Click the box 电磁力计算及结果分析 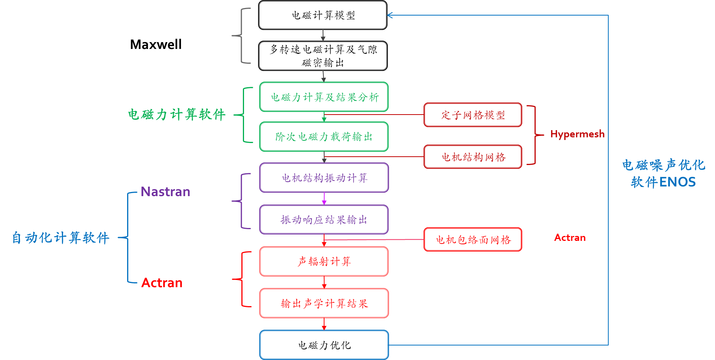[x=324, y=97]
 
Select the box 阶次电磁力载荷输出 [x=324, y=137]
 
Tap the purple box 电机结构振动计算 [x=324, y=178]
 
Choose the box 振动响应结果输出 [x=324, y=220]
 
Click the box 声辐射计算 [x=324, y=261]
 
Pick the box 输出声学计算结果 [x=324, y=303]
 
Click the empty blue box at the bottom [x=324, y=344]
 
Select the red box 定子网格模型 [x=472, y=115]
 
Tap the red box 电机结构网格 [x=472, y=157]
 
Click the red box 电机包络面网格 [x=472, y=239]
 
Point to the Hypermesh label [x=577, y=134]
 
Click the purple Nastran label [x=165, y=192]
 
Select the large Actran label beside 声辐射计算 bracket [x=162, y=283]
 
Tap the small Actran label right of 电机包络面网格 [x=570, y=238]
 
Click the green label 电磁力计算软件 [x=176, y=114]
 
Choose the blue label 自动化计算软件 [x=61, y=238]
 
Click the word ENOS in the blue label [x=677, y=182]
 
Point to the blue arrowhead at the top [x=390, y=15]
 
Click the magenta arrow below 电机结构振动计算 [x=324, y=199]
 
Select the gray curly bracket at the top [x=241, y=36]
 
